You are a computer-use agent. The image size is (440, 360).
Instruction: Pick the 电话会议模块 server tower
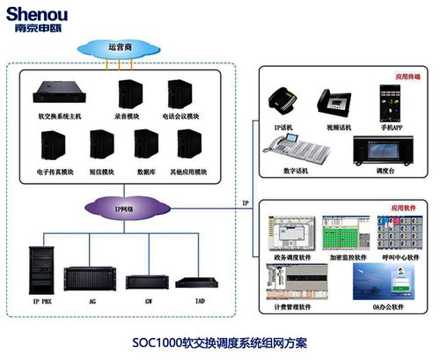[x=179, y=94]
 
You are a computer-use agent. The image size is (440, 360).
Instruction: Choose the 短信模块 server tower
[x=101, y=145]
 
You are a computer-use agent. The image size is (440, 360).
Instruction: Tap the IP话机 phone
[x=282, y=103]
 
